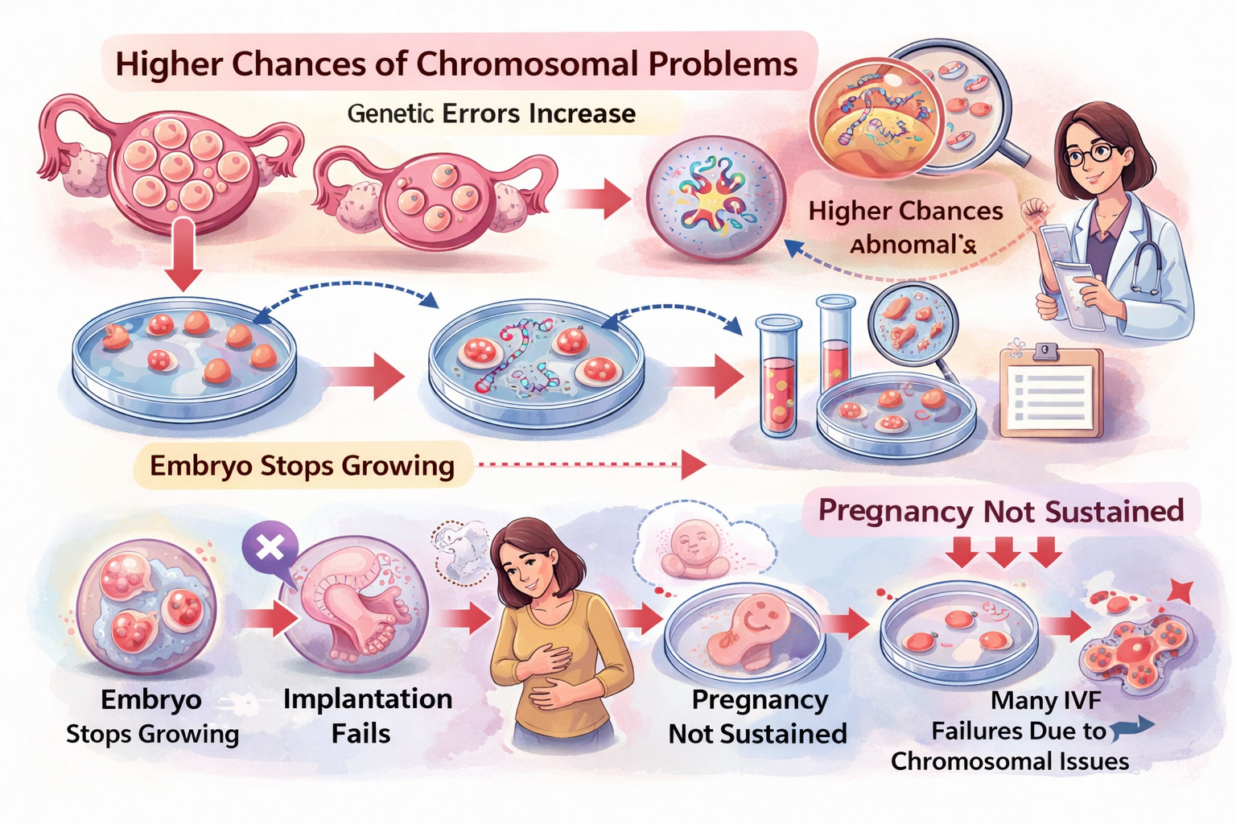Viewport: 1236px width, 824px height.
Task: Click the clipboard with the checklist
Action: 1051,393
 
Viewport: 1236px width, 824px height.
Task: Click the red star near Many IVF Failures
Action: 1180,592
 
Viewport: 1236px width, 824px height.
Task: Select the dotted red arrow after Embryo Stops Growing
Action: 591,464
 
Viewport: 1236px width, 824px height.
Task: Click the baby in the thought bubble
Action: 693,546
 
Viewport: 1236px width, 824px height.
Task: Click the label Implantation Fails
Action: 367,715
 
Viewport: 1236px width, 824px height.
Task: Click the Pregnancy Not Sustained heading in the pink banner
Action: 1000,511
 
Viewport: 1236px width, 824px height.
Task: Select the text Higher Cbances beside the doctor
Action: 905,211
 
